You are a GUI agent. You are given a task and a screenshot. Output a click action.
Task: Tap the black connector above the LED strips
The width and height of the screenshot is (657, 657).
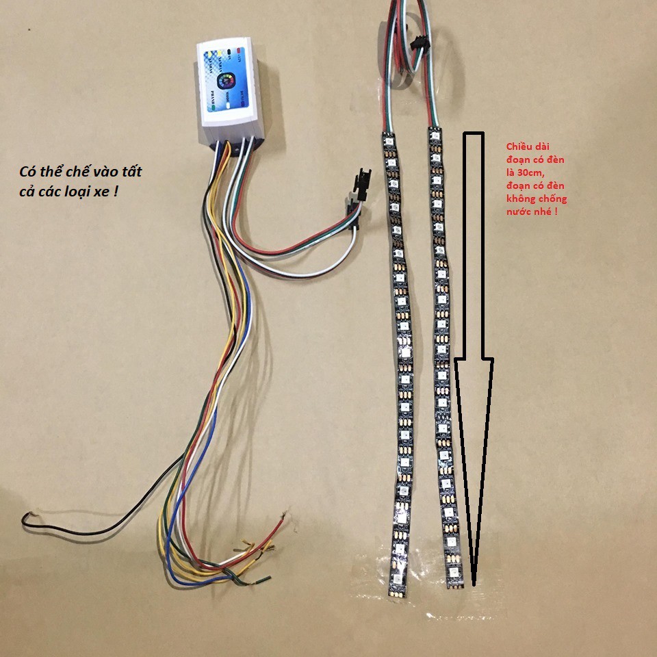click(417, 44)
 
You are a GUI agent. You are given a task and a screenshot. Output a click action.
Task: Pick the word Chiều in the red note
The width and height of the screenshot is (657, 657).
click(519, 147)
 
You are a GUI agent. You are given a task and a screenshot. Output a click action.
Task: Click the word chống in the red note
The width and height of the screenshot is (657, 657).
click(554, 199)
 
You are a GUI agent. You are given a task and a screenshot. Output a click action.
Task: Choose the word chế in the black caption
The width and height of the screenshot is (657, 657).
click(87, 172)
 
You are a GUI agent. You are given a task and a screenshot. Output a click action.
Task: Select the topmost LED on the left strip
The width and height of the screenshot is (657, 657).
click(387, 142)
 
